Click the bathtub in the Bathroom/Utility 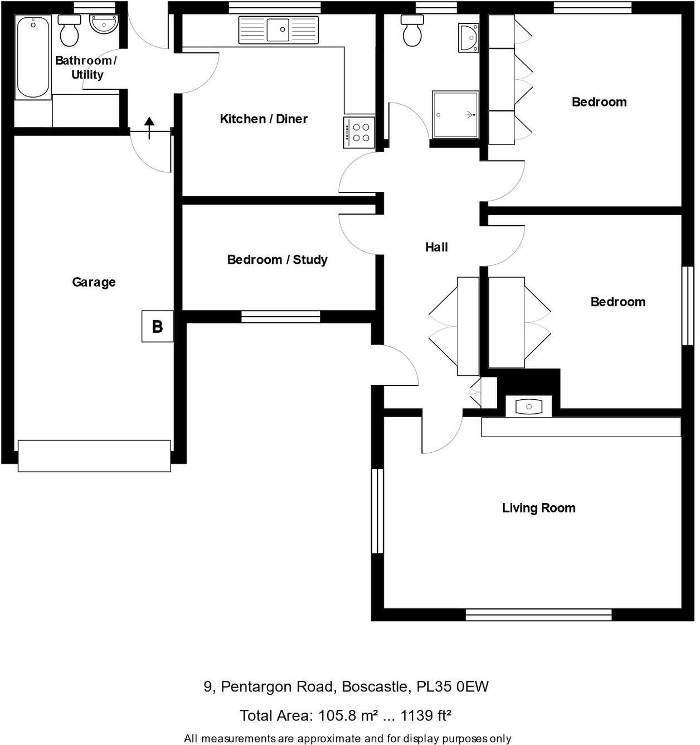[x=33, y=57]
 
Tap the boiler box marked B [x=157, y=326]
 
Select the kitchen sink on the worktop [x=278, y=30]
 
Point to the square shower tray [x=455, y=114]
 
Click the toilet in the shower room [x=412, y=31]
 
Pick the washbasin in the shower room [x=468, y=38]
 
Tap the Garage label [x=94, y=282]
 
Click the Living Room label [x=538, y=508]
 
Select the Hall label [x=436, y=247]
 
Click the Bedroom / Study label [x=277, y=260]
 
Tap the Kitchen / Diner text [x=264, y=119]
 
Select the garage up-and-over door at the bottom [x=94, y=456]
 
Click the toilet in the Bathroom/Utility [x=70, y=31]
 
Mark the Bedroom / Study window [x=281, y=317]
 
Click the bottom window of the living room [x=538, y=615]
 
